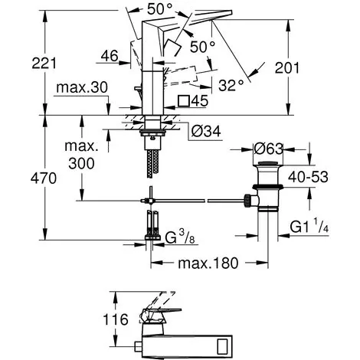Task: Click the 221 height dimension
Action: click(44, 64)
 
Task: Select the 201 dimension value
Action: click(286, 68)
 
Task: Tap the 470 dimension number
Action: click(44, 178)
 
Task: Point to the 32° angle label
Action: click(231, 85)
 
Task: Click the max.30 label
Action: click(82, 87)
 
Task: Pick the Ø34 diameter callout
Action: click(206, 132)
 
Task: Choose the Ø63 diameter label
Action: click(269, 149)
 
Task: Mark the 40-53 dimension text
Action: click(308, 177)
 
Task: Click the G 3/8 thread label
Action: click(180, 237)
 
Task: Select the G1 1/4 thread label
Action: click(309, 226)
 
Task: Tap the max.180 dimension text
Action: click(208, 263)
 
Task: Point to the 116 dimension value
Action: click(115, 319)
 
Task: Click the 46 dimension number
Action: click(110, 56)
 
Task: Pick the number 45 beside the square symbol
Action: click(200, 101)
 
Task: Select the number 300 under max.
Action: click(81, 163)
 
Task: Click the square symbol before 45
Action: click(184, 100)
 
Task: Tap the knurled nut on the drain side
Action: click(247, 201)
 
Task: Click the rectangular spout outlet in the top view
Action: click(223, 345)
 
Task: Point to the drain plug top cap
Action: click(267, 163)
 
